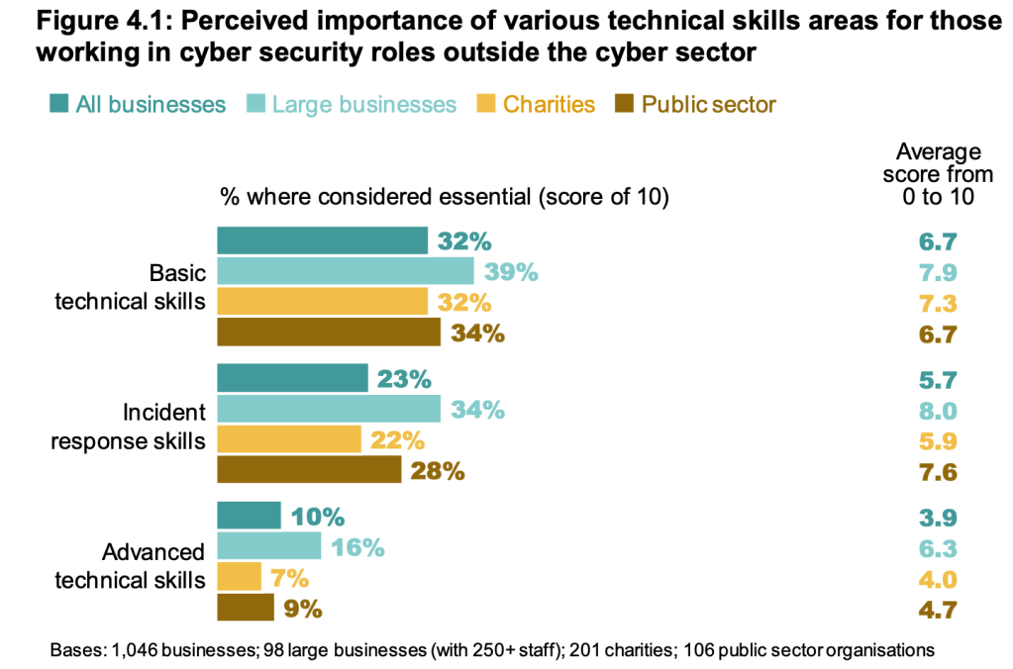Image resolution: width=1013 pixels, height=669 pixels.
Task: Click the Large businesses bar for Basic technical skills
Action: click(x=345, y=271)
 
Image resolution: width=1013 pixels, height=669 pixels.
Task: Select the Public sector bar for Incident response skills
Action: click(x=309, y=470)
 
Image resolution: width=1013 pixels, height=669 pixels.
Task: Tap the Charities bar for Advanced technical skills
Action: click(x=239, y=577)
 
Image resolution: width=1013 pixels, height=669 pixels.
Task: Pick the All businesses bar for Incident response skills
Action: click(x=292, y=378)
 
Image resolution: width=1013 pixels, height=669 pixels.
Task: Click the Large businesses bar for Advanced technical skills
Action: click(x=268, y=546)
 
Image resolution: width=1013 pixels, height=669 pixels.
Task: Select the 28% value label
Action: click(x=438, y=471)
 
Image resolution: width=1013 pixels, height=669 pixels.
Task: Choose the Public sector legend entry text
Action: click(x=709, y=104)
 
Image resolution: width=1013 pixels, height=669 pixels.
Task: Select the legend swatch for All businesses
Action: click(x=58, y=104)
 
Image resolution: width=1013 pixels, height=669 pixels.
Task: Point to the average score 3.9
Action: click(x=939, y=517)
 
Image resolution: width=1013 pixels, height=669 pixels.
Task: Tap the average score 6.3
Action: click(x=939, y=547)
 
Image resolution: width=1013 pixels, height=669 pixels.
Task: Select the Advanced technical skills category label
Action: click(x=129, y=565)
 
